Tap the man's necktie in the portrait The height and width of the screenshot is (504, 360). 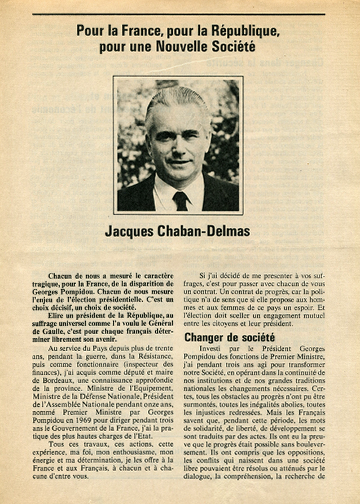pos(181,201)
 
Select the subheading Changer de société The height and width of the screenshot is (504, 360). pos(229,338)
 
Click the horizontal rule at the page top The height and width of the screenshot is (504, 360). pos(179,14)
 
